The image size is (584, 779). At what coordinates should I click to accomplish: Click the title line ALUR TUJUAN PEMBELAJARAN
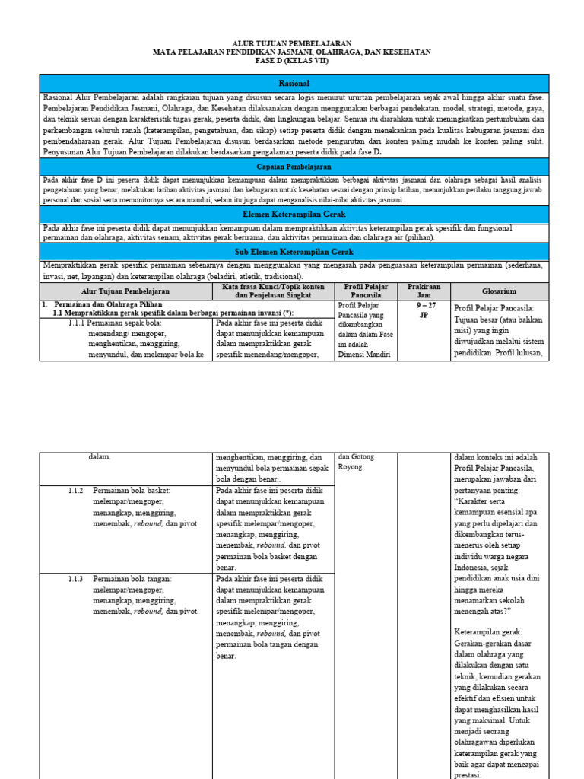click(292, 44)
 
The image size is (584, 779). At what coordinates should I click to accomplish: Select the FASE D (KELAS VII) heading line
click(292, 62)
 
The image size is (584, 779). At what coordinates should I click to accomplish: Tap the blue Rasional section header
click(294, 83)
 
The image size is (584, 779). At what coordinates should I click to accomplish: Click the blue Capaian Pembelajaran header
click(294, 166)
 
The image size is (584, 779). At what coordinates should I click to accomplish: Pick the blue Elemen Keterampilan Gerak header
click(294, 215)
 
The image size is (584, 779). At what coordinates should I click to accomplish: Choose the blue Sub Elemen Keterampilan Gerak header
click(294, 252)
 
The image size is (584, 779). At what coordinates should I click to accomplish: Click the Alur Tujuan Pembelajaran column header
click(125, 291)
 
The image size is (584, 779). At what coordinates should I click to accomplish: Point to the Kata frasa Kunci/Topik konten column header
click(273, 291)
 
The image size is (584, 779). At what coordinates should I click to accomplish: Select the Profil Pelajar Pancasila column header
click(366, 291)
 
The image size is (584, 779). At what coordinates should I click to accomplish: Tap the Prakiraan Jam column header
click(424, 291)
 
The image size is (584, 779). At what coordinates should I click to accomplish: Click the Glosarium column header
click(499, 291)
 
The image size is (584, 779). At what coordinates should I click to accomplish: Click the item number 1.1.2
click(75, 491)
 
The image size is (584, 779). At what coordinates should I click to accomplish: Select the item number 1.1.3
click(75, 579)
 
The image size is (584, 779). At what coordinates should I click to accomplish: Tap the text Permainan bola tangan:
click(132, 579)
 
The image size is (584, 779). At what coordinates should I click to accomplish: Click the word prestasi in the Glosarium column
click(467, 775)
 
